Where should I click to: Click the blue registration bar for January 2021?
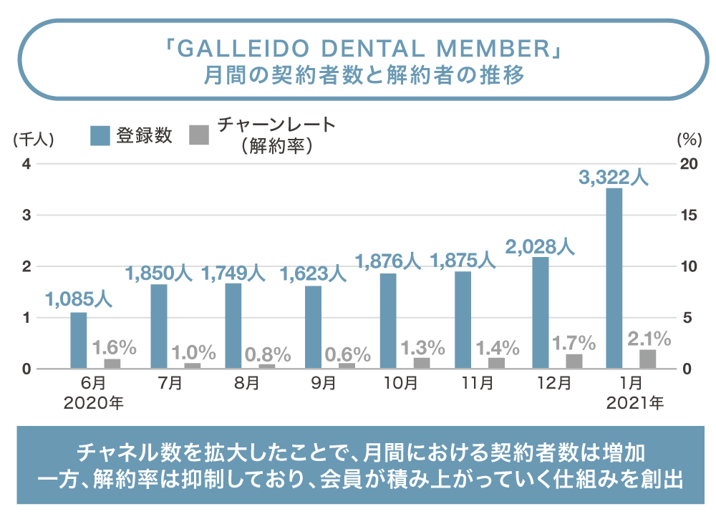pos(614,278)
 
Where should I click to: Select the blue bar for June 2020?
pos(78,340)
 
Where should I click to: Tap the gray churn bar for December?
pos(574,361)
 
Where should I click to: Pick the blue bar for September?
pos(313,327)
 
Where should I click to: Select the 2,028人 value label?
pos(540,247)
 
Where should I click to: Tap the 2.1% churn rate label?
pos(649,338)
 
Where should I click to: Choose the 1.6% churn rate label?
pos(115,348)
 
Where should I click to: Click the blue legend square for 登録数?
pos(100,135)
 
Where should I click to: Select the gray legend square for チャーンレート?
pos(198,135)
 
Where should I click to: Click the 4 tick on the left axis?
pos(26,164)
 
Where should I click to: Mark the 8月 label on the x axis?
pos(246,384)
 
